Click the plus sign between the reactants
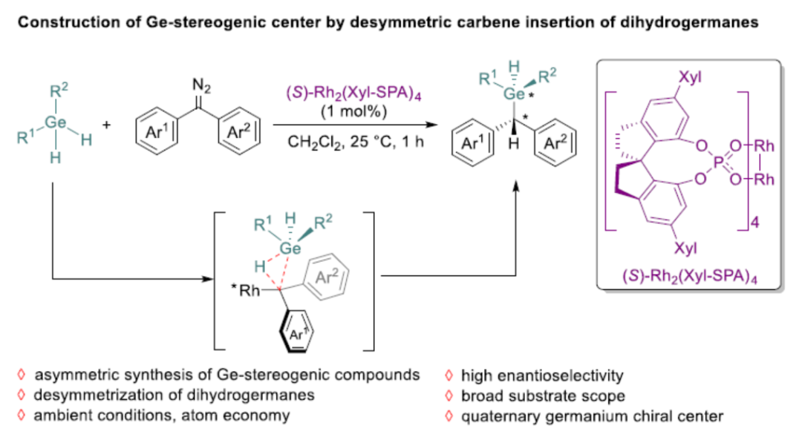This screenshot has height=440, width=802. [106, 126]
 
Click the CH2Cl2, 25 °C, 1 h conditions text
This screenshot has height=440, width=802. [356, 141]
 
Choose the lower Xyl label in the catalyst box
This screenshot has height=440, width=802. [685, 247]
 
